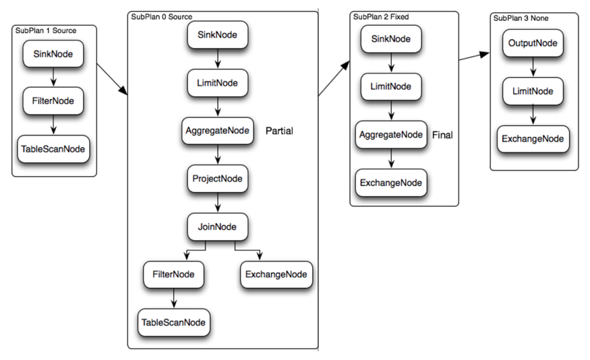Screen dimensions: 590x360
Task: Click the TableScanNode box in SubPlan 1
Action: click(53, 149)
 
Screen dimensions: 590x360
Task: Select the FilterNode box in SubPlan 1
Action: click(53, 101)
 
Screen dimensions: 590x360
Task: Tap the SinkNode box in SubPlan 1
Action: click(53, 54)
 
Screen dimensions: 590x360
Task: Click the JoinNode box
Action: click(218, 227)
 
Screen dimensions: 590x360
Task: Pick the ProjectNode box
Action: click(218, 179)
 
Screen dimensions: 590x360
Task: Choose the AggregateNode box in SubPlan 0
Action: click(218, 131)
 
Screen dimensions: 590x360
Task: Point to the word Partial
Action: click(279, 131)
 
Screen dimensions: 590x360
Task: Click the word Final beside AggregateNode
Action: click(442, 135)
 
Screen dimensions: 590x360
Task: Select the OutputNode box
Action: click(533, 43)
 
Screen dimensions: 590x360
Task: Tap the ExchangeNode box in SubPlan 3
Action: click(533, 139)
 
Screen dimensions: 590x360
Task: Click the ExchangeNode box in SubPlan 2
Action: click(391, 183)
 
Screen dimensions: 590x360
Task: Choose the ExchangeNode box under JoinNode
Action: click(276, 274)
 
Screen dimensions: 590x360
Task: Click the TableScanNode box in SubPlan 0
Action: click(173, 322)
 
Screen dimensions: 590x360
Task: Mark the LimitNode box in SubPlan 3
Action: click(533, 91)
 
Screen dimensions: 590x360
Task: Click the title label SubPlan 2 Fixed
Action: click(381, 17)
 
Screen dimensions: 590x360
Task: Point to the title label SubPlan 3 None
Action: click(521, 18)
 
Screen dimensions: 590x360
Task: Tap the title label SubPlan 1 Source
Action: click(46, 30)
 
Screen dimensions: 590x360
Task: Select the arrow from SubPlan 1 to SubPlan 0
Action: click(112, 80)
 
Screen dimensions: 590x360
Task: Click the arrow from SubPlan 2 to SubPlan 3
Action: click(474, 57)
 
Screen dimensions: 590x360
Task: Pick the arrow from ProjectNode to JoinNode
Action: click(218, 203)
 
